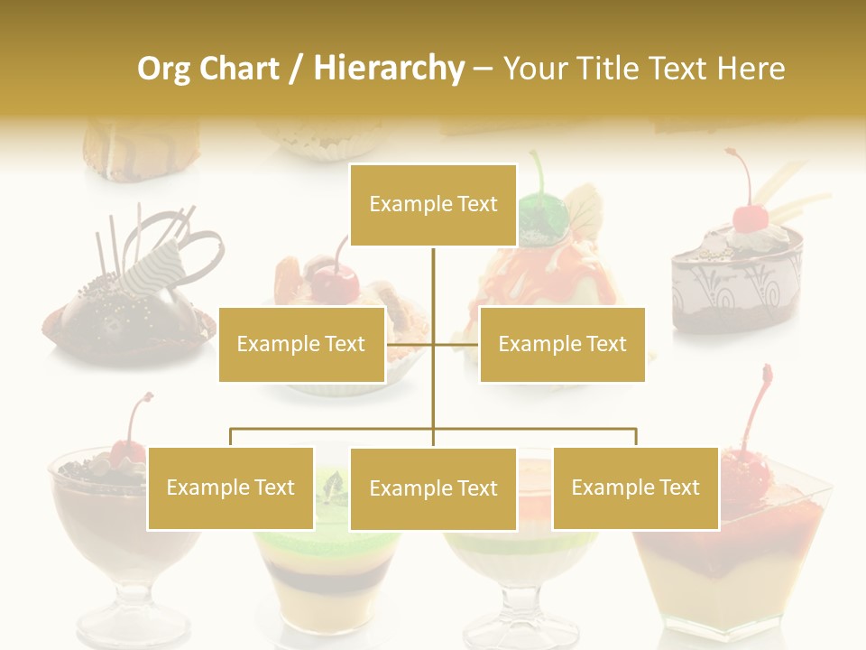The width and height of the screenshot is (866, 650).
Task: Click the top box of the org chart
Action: pyautogui.click(x=433, y=205)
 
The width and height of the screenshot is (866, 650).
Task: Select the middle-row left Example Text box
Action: pyautogui.click(x=301, y=344)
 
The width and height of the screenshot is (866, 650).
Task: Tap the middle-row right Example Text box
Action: pyautogui.click(x=562, y=344)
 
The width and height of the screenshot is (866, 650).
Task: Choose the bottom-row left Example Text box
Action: pyautogui.click(x=231, y=487)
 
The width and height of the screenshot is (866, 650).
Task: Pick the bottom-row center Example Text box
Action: pyautogui.click(x=433, y=488)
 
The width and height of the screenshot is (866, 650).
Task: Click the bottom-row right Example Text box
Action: pyautogui.click(x=635, y=487)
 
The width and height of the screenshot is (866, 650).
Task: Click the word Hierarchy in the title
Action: pyautogui.click(x=389, y=69)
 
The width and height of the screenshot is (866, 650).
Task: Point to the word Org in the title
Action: pyautogui.click(x=163, y=69)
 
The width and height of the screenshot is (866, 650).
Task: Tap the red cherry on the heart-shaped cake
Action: pyautogui.click(x=749, y=217)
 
